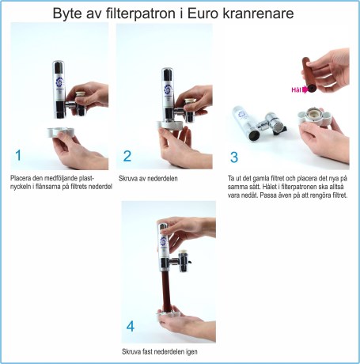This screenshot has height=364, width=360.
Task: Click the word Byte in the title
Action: click(x=71, y=13)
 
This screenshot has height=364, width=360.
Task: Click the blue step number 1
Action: click(x=17, y=154)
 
